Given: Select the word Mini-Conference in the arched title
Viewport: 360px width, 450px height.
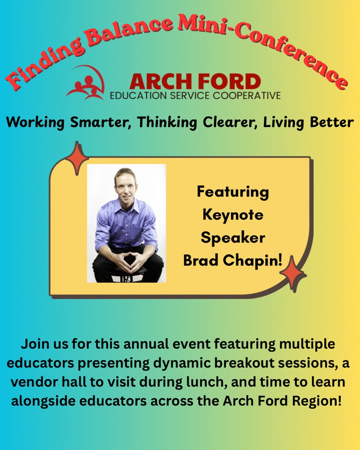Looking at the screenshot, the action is tap(262, 49).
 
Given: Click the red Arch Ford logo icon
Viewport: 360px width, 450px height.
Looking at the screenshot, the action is tap(85, 83).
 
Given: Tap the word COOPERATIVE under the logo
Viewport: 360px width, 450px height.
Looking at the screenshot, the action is tap(247, 95).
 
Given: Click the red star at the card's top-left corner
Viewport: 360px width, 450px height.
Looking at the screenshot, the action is tap(77, 158).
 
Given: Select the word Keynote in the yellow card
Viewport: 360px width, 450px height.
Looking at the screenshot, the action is tap(233, 215).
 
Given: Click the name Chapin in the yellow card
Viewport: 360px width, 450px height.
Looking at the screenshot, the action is tap(252, 261).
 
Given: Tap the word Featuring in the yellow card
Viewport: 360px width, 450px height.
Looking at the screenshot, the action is tap(233, 192).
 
